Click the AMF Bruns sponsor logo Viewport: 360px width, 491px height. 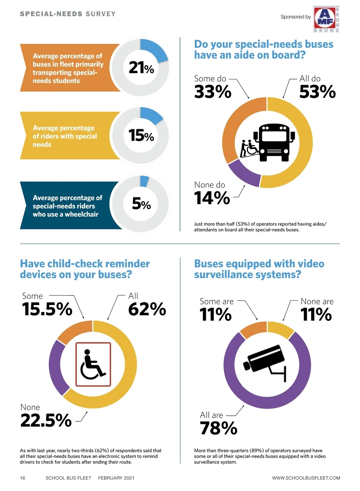point(326,19)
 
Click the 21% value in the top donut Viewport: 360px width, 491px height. point(141,67)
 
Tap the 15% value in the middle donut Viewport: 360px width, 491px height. point(141,135)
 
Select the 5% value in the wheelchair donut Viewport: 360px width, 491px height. point(141,204)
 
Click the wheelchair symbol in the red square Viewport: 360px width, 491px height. point(93,364)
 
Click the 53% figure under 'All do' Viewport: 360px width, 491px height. point(317,92)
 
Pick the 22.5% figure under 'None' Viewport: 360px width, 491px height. point(46,420)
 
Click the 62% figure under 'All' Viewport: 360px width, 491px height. point(147,309)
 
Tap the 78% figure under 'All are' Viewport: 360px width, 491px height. point(219,428)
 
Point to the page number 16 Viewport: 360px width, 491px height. point(22,478)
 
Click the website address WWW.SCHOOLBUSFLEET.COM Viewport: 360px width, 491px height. point(306,478)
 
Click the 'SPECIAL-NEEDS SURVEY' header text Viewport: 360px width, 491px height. point(67,14)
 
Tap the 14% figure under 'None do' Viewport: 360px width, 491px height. point(212,198)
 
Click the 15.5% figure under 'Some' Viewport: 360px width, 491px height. point(47,309)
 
